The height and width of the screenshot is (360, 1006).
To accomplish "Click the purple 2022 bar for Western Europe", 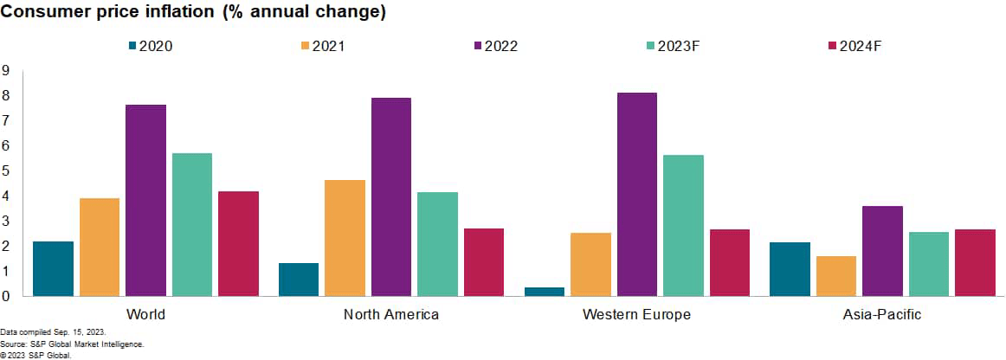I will pos(636,195).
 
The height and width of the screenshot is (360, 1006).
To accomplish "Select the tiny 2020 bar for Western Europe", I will pos(545,292).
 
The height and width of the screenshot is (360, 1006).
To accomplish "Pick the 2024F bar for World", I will pos(238,243).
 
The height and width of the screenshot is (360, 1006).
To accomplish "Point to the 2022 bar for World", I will pos(145,200).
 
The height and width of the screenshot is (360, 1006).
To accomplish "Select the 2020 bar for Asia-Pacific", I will pos(790,269).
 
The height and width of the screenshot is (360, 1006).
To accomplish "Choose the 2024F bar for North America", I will pos(483,262).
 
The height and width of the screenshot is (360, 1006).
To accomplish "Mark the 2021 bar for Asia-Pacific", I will pos(835,276).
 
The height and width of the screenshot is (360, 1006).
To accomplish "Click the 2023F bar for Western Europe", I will pos(683,225).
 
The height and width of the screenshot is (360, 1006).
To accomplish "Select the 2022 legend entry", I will pos(494,46).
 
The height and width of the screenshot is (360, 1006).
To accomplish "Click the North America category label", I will pos(391,314).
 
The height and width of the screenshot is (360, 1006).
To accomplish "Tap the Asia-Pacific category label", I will pos(881,314).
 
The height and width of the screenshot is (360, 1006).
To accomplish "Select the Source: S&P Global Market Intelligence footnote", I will pos(72,344).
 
